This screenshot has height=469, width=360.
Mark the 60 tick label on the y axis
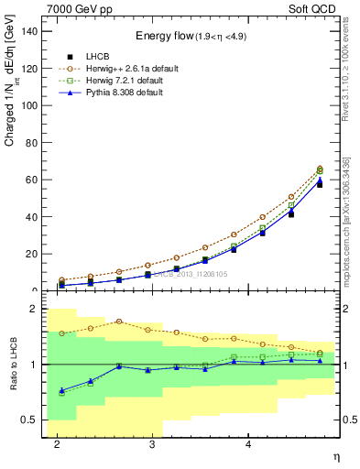pos(30,180)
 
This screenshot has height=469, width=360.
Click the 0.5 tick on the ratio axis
pos(28,420)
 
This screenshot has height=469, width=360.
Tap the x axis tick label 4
pos(248,444)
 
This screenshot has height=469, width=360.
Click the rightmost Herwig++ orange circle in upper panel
pos(320,169)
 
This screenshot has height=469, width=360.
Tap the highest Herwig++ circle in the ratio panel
pos(119,322)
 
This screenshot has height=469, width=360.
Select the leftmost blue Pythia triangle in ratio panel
pos(61,391)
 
